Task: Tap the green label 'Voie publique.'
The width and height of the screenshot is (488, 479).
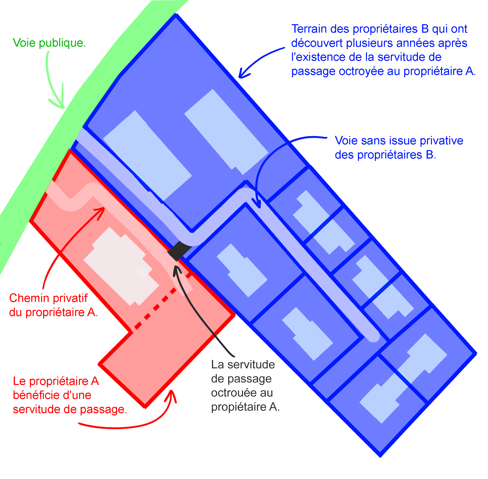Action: tap(49, 43)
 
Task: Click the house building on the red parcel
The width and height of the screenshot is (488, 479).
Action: tap(121, 267)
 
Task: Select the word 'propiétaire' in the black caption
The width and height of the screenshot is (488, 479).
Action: tap(239, 407)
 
